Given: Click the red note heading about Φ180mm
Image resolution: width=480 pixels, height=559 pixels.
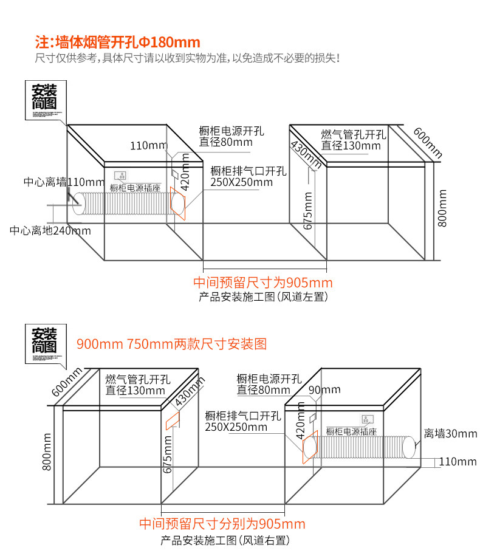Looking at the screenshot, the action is click(118, 43).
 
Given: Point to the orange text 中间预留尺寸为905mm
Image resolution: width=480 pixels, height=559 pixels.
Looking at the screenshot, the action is click(263, 283).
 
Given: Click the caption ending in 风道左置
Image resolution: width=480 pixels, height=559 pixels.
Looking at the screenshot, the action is click(263, 297).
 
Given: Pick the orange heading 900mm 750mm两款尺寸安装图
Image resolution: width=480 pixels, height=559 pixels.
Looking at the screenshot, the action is click(171, 344).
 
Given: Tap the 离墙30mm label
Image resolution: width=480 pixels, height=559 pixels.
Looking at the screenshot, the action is click(450, 433).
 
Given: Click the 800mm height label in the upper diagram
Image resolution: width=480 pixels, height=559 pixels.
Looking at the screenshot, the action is click(442, 208).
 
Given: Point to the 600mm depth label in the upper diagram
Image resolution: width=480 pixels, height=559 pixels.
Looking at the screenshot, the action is click(428, 142).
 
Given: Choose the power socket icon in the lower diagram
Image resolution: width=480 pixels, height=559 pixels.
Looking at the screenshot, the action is click(367, 419).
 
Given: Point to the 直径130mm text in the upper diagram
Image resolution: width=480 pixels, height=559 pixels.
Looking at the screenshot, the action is click(351, 146).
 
